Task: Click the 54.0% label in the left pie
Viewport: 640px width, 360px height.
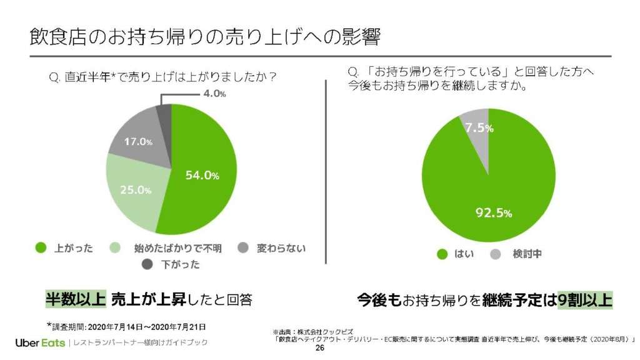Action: pyautogui.click(x=202, y=176)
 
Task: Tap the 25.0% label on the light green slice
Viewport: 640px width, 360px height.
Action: pyautogui.click(x=136, y=189)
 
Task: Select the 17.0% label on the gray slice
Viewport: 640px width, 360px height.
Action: pyautogui.click(x=138, y=142)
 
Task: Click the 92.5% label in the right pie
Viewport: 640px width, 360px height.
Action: pyautogui.click(x=494, y=213)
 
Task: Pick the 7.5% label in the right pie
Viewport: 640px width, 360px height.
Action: pyautogui.click(x=479, y=128)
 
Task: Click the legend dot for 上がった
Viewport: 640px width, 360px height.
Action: pyautogui.click(x=41, y=248)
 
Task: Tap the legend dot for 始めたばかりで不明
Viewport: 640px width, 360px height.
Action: pyautogui.click(x=116, y=248)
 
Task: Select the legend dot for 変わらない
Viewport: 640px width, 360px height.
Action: pyautogui.click(x=244, y=248)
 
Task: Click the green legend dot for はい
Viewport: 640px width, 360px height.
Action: pyautogui.click(x=442, y=254)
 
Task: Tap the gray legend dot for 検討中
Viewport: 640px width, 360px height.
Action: pyautogui.click(x=496, y=254)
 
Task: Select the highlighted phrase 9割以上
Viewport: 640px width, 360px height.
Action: pyautogui.click(x=585, y=299)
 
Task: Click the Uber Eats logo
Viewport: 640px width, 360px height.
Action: pyautogui.click(x=40, y=342)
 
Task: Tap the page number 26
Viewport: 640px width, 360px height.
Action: pyautogui.click(x=320, y=349)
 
